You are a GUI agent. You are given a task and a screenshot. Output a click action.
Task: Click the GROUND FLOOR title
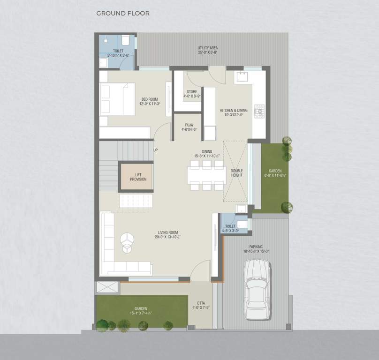(123, 14)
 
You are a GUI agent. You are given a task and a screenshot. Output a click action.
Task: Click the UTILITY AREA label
(207, 48)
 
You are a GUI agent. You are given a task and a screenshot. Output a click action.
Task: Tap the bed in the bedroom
(117, 99)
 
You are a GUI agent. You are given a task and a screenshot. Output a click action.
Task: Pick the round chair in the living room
(127, 242)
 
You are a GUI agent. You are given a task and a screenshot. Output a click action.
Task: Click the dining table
(206, 175)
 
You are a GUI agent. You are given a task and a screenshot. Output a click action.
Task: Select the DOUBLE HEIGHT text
(236, 173)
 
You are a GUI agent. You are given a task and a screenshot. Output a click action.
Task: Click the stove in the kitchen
(258, 111)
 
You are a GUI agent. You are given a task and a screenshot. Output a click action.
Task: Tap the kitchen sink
(243, 76)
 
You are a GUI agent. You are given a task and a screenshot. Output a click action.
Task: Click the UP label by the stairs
(156, 150)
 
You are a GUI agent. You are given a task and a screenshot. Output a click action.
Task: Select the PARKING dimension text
(256, 252)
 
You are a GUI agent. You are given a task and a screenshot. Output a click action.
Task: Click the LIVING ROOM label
(167, 232)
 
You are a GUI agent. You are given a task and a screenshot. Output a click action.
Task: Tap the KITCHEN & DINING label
(234, 111)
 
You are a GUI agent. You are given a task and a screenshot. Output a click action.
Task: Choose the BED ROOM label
(150, 99)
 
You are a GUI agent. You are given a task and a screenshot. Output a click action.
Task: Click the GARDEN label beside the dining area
(275, 171)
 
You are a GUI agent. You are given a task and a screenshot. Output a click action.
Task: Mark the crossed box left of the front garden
(104, 288)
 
